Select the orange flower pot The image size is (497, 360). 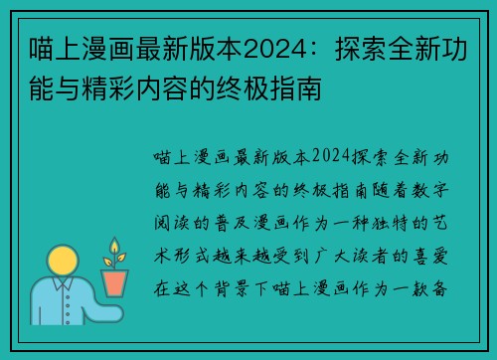(116, 282)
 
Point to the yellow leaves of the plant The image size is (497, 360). (116, 252)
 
